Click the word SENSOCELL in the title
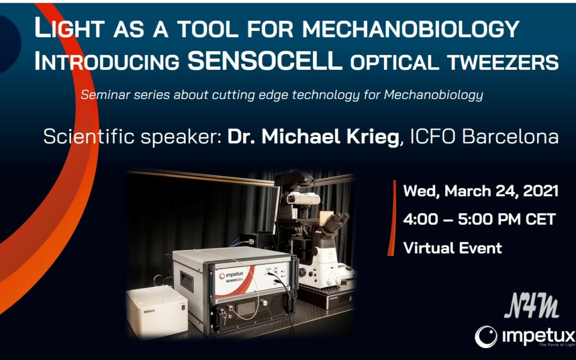(265, 60)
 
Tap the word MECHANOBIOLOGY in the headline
(411, 28)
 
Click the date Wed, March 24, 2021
(481, 191)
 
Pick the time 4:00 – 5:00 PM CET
(479, 219)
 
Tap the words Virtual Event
(453, 248)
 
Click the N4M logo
(532, 306)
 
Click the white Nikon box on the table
(157, 311)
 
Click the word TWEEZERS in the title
(501, 62)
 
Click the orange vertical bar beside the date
(392, 218)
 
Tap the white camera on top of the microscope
(303, 198)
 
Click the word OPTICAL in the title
(394, 62)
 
